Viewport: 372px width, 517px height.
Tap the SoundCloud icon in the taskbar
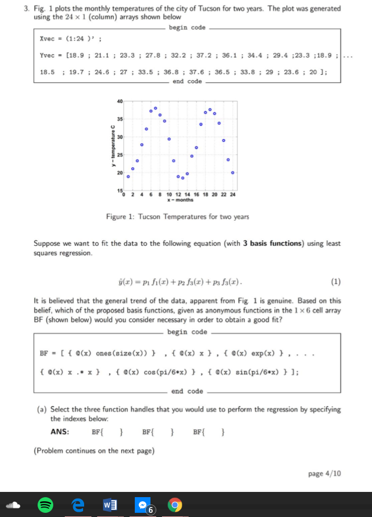tap(14, 505)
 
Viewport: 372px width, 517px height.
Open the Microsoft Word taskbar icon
tap(110, 505)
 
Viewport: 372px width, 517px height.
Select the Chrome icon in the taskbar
tap(174, 505)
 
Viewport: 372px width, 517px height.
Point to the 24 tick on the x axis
tap(233, 194)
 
